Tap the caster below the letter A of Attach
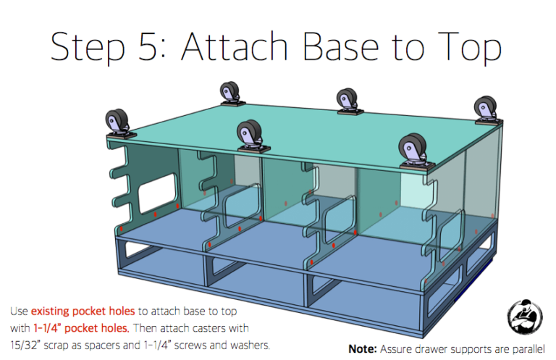[231, 95]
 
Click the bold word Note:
[363, 348]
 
